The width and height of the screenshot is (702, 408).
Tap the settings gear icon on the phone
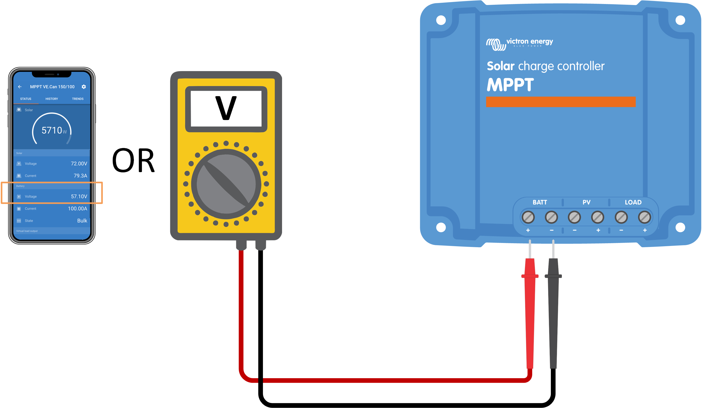(83, 87)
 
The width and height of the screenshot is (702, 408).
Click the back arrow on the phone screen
(20, 87)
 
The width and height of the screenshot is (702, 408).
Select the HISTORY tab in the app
(52, 99)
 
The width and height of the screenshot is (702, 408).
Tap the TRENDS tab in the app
(78, 99)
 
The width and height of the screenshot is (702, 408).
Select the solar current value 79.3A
(80, 176)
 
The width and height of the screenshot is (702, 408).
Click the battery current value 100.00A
(77, 208)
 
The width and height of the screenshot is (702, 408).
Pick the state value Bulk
(82, 221)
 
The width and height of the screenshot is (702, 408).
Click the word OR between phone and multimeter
(133, 161)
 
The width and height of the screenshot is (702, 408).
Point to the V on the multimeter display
(226, 108)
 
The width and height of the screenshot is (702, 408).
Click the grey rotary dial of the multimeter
(226, 184)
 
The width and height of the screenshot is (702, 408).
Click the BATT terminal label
(540, 202)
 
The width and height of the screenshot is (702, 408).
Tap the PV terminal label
(586, 202)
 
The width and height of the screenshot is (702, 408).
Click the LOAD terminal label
(633, 202)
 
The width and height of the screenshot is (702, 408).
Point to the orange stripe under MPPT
(561, 102)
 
